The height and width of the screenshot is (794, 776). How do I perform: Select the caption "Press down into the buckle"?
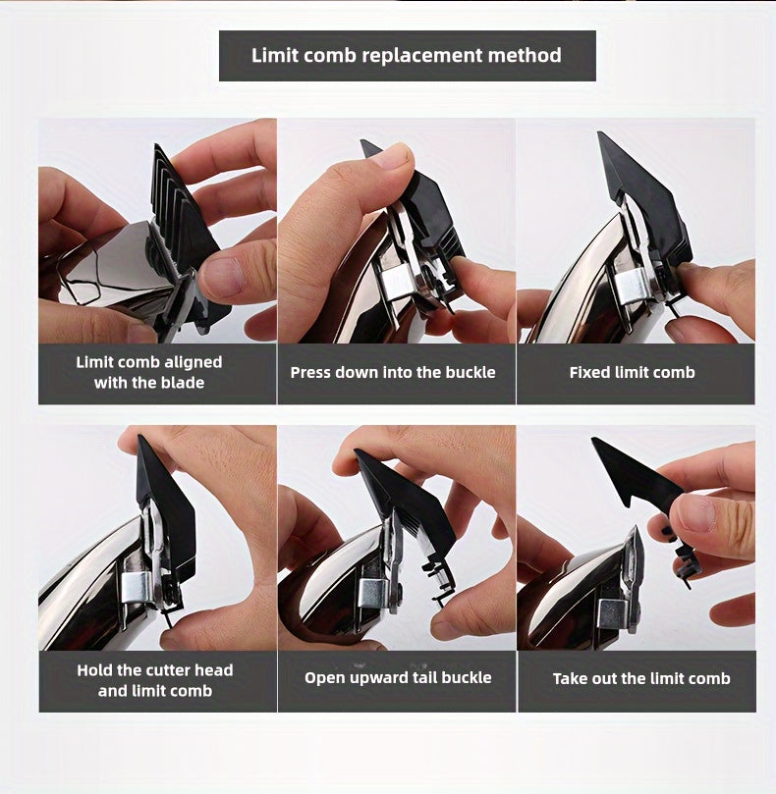[393, 373]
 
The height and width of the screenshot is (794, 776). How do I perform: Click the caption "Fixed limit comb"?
[632, 373]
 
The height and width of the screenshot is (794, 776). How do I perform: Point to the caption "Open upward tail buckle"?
[398, 678]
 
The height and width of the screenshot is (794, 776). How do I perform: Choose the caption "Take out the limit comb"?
[641, 678]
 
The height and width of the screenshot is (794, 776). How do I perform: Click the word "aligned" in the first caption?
[194, 362]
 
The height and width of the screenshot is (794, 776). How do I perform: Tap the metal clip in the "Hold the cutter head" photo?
[138, 587]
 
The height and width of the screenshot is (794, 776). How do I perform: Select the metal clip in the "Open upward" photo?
[373, 594]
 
